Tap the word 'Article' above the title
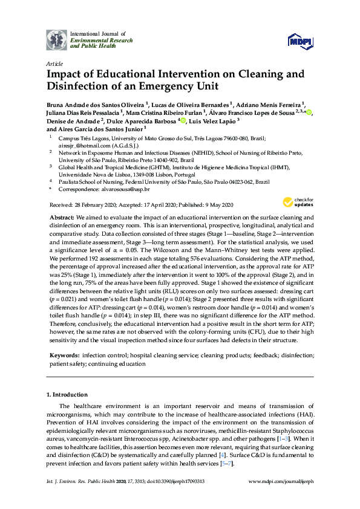(53, 63)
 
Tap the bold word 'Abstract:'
(61, 216)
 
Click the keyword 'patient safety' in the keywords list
(64, 364)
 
